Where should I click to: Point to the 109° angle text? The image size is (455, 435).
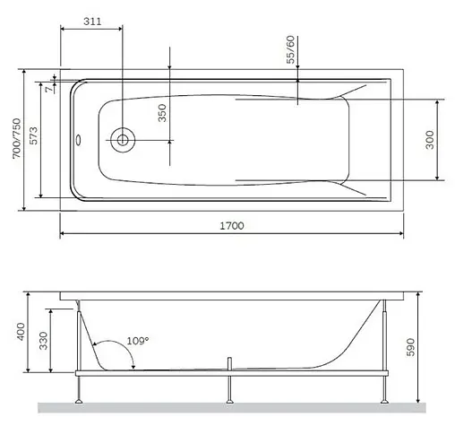point(137,341)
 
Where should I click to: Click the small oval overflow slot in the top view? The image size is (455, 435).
point(78,139)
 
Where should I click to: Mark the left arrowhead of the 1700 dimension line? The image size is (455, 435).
point(64,235)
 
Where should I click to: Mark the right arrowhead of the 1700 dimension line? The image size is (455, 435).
point(399,235)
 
